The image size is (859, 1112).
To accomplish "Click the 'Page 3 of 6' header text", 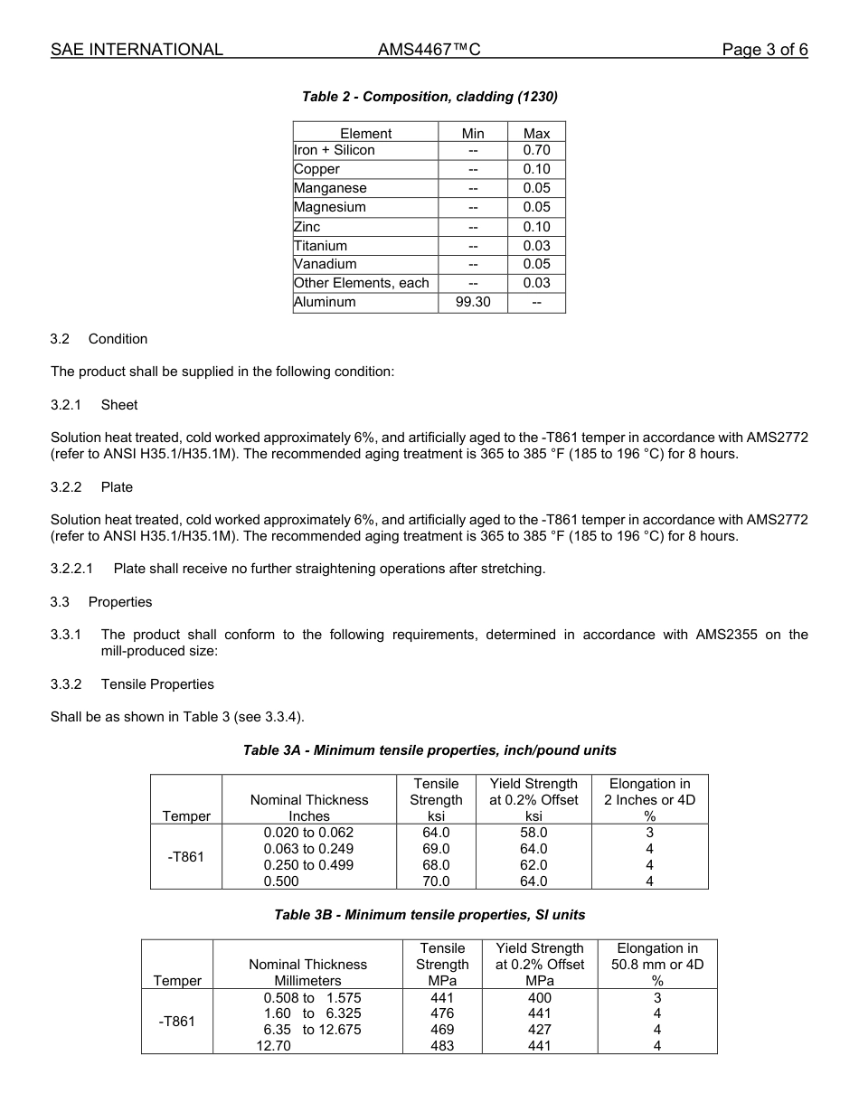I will tap(764, 50).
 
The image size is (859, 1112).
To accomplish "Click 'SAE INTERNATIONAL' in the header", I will tap(137, 50).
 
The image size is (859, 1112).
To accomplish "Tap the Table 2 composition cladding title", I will tap(429, 96).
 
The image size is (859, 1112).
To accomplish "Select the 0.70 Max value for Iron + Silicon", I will tap(536, 150).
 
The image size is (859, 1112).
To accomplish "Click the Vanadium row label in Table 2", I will tap(325, 264).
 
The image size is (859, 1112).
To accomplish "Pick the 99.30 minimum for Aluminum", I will tap(473, 302).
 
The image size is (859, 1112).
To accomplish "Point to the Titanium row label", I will tap(320, 245).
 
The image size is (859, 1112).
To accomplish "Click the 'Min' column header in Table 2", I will tap(473, 133).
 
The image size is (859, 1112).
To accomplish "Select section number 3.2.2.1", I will tap(71, 569).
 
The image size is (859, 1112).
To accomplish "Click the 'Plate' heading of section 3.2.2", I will tap(117, 487).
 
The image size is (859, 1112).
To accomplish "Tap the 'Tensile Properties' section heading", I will tap(157, 684).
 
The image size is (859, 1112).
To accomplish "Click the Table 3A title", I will tap(429, 750).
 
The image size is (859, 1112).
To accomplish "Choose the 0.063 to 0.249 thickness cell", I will tap(308, 849).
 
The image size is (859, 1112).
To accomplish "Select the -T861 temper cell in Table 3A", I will tap(186, 857).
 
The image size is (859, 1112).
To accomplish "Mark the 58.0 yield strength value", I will tap(533, 833).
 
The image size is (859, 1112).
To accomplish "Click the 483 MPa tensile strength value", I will tap(442, 1046).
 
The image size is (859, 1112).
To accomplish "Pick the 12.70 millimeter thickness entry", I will tap(272, 1046).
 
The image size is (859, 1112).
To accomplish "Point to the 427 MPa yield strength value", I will tap(540, 1030).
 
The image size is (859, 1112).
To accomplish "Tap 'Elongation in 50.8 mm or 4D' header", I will tap(656, 964).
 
